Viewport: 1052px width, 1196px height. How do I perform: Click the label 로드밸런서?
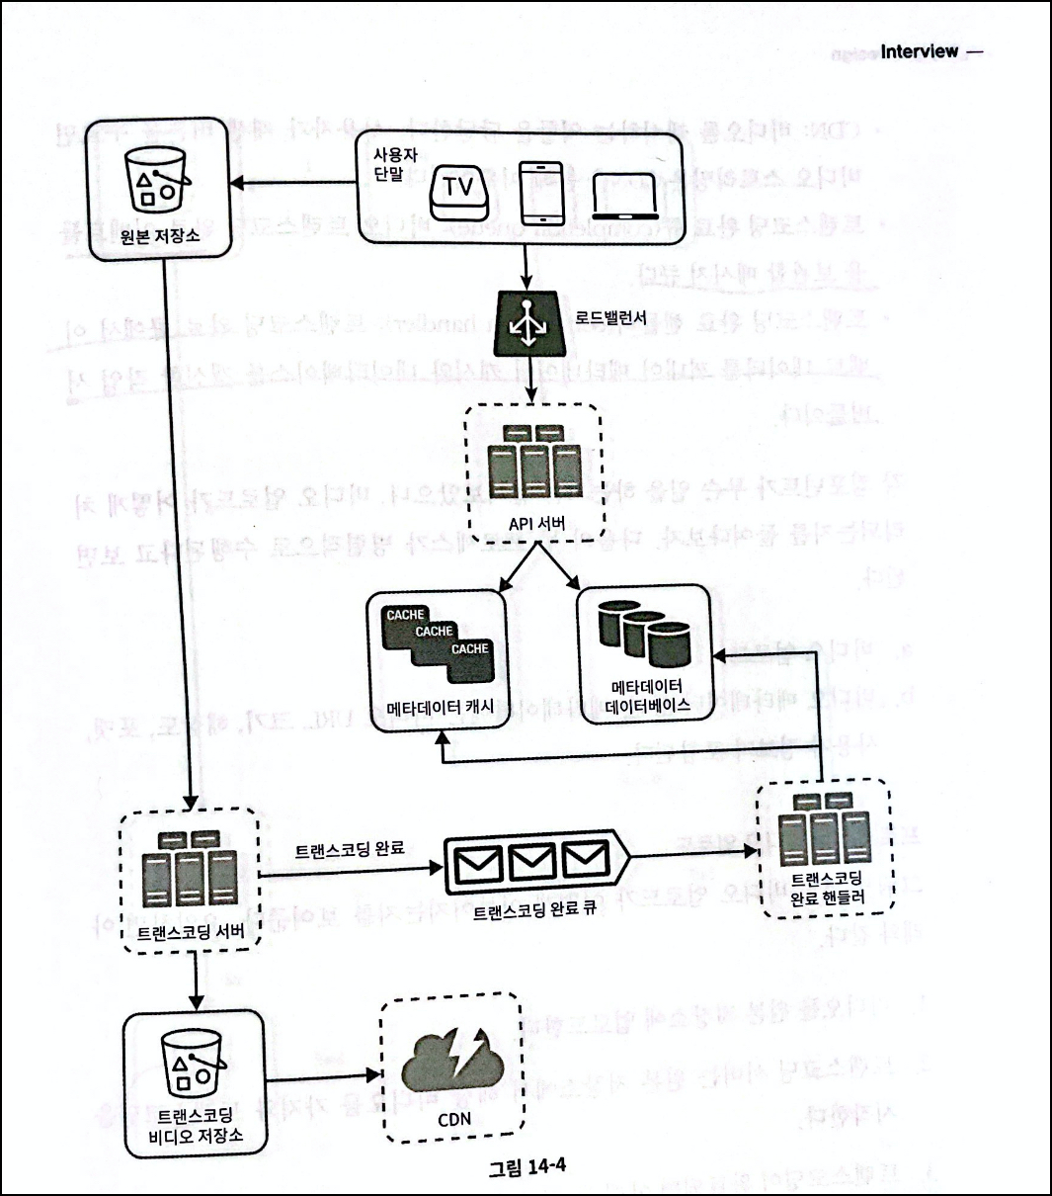(x=610, y=319)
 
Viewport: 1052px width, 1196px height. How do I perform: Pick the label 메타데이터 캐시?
(x=440, y=707)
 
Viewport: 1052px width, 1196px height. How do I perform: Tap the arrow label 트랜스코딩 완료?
(x=350, y=849)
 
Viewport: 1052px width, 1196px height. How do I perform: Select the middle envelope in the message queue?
(x=532, y=862)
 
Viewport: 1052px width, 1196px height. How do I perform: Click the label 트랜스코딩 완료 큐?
(x=533, y=911)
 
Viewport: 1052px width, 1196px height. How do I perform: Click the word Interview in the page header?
(x=919, y=51)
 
